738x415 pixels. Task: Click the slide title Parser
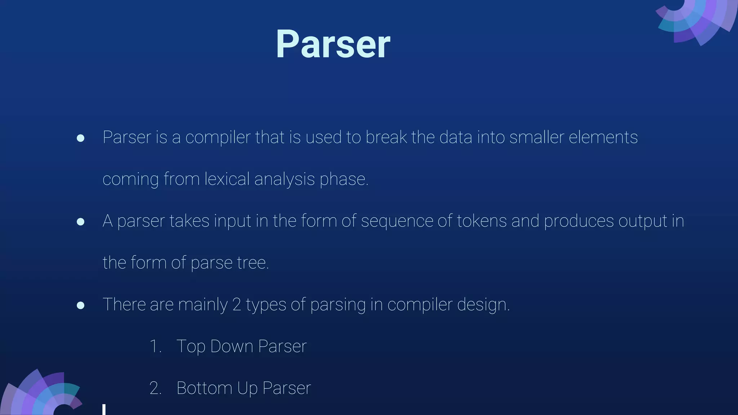(x=333, y=44)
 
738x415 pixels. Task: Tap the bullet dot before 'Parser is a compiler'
(x=81, y=138)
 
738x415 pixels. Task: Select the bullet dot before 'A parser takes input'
(x=81, y=222)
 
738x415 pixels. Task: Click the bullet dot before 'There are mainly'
(x=81, y=305)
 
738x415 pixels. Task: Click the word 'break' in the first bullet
(x=386, y=137)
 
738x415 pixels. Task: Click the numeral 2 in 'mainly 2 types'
(x=237, y=304)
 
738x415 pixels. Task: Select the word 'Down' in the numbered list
(x=232, y=346)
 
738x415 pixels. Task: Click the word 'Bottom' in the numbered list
(x=204, y=388)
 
